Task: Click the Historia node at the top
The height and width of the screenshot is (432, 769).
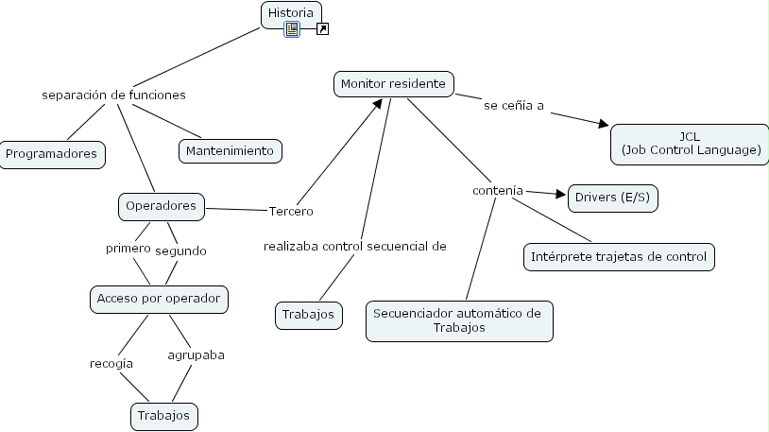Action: (x=291, y=12)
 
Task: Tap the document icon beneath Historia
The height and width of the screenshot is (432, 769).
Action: (x=292, y=30)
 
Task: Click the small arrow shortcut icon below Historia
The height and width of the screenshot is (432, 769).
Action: (x=322, y=30)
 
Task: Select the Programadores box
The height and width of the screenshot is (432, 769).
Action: (x=51, y=153)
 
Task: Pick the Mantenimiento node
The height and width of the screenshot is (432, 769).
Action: (x=230, y=150)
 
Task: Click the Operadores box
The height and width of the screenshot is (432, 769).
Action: (x=161, y=205)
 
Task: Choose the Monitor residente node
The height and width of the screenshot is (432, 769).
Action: (x=393, y=84)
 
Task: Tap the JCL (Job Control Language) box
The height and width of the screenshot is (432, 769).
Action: (x=690, y=143)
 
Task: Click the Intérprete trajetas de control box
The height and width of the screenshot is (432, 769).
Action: (x=619, y=256)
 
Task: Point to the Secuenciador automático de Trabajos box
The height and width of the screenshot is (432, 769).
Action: (x=458, y=320)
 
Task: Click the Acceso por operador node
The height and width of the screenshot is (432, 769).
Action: (x=159, y=299)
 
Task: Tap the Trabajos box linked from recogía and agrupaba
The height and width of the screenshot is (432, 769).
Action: (x=163, y=415)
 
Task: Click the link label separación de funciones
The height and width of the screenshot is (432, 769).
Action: (x=113, y=95)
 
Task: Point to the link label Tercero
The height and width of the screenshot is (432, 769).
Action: (x=291, y=211)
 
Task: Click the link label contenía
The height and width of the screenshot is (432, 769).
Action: (x=497, y=191)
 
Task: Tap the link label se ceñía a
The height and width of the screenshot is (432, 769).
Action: (x=514, y=106)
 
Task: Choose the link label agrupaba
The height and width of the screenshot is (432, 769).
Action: (x=196, y=355)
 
